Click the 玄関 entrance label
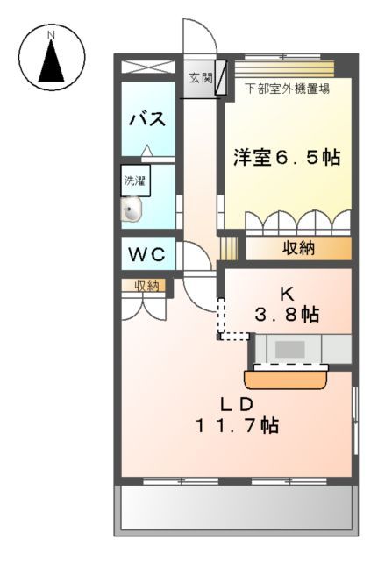(x=200, y=77)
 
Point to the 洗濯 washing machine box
(x=134, y=182)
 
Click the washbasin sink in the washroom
(x=133, y=209)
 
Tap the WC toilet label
(x=147, y=255)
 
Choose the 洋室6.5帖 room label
(x=285, y=159)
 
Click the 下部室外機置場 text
(x=287, y=89)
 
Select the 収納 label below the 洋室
(x=298, y=248)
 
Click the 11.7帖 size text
(x=236, y=427)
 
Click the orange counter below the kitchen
(x=287, y=378)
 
